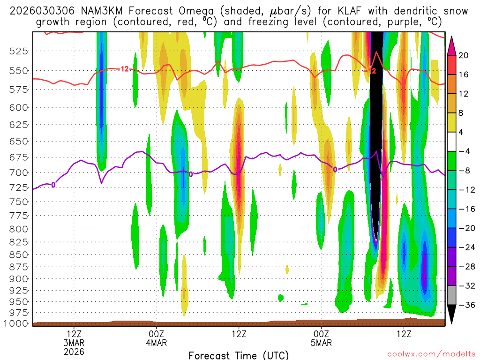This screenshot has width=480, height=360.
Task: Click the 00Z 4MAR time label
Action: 156,338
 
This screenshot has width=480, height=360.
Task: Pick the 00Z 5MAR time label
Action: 321,338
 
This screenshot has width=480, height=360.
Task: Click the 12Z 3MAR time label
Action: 75,338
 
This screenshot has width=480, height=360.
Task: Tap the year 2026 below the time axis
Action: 75,351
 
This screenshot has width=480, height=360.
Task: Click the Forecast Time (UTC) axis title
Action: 239,355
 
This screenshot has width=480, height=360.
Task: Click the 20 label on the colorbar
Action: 463,55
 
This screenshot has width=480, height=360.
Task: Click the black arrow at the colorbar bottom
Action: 451,315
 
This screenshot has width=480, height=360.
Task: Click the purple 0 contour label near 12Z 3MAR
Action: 53,185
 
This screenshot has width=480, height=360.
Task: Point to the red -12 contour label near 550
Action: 124,69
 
